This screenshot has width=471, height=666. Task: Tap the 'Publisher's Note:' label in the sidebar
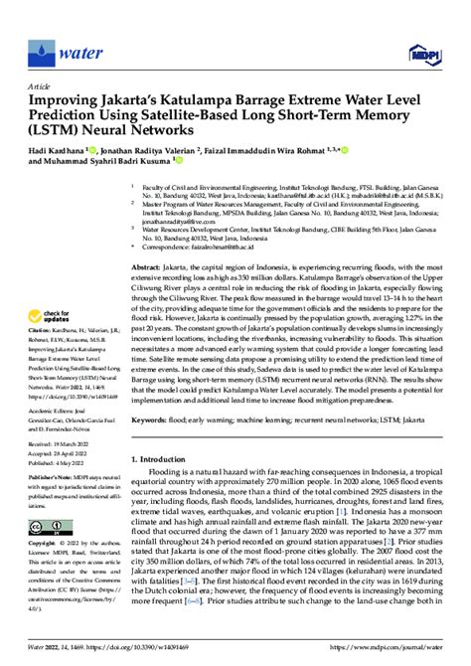[47, 477]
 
